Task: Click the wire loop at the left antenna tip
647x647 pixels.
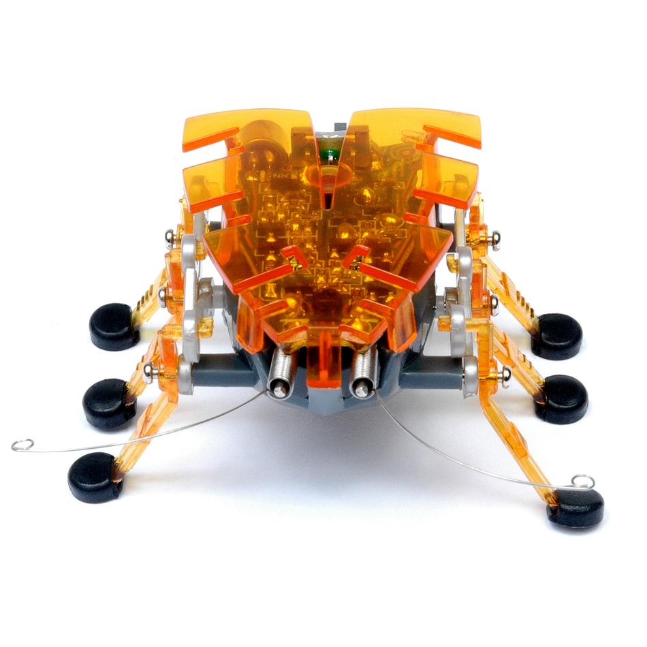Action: pos(22,445)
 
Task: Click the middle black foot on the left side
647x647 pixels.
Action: pos(108,403)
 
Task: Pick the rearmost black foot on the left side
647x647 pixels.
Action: pos(114,326)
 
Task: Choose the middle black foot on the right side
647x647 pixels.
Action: pos(561,398)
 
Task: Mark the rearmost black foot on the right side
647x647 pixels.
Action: pos(556,336)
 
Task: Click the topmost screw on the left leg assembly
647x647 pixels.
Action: pos(170,236)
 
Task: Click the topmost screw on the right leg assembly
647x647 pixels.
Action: pos(494,238)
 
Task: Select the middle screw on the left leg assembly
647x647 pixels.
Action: pos(164,294)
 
